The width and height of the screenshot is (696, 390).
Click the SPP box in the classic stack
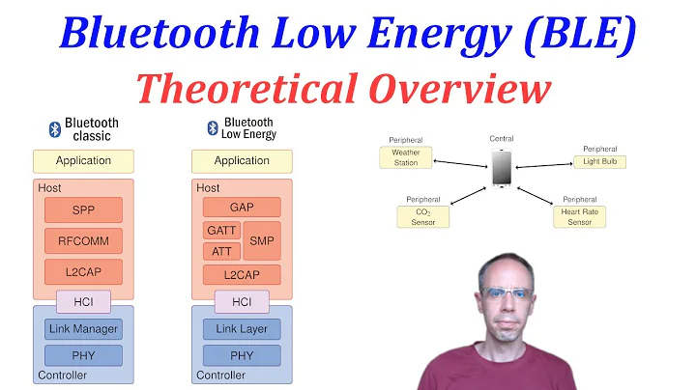click(83, 209)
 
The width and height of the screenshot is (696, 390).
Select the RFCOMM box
click(83, 240)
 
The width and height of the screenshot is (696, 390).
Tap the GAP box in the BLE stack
click(242, 207)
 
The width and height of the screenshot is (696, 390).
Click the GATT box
click(221, 231)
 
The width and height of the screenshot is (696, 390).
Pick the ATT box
click(221, 252)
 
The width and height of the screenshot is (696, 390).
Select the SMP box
click(261, 240)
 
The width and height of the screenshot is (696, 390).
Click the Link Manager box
click(83, 329)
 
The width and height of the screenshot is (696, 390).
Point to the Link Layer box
click(242, 329)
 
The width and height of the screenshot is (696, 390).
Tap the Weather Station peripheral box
click(406, 157)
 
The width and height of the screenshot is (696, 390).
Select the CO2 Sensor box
click(423, 216)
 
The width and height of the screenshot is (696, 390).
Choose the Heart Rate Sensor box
click(579, 216)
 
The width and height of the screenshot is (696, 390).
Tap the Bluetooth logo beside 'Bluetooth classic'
click(55, 128)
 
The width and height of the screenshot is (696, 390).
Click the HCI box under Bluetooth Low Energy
click(242, 302)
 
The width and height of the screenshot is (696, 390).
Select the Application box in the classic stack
click(83, 161)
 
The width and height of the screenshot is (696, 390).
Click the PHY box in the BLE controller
click(242, 355)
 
